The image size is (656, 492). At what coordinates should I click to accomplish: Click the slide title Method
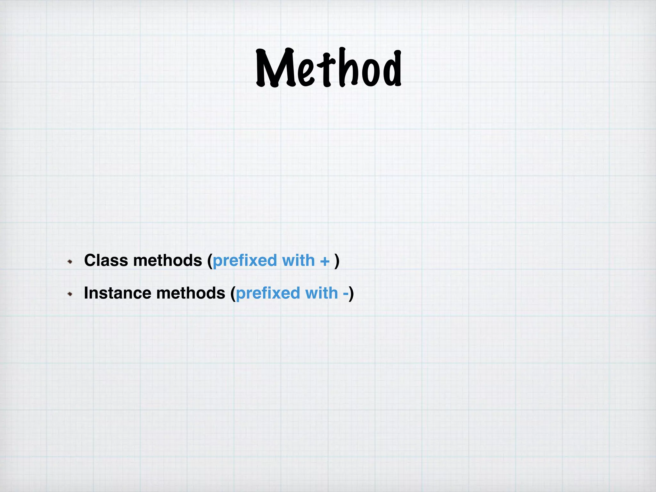point(329,68)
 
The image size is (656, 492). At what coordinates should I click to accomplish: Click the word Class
point(106,260)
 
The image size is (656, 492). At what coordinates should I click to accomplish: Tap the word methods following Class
point(168,260)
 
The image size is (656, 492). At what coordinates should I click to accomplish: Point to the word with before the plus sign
point(299,260)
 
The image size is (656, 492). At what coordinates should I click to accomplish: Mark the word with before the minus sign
point(322,293)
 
